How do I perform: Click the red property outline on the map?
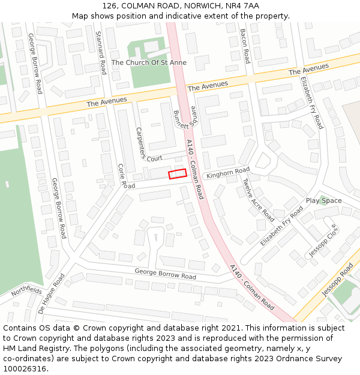coord(177,173)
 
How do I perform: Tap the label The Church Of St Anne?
coord(149,62)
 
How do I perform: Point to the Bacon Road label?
coord(244,46)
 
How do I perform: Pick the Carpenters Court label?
coord(143,145)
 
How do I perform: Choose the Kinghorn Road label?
coord(227,173)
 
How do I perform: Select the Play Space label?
coord(323,200)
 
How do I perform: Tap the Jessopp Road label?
coord(337,280)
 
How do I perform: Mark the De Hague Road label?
coord(51,295)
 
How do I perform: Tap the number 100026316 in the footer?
coord(25,368)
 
